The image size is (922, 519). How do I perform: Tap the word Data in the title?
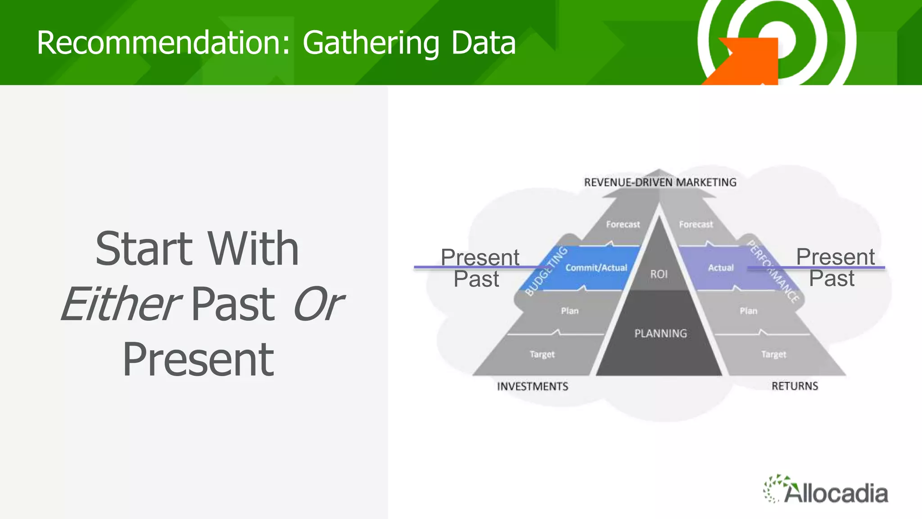(483, 43)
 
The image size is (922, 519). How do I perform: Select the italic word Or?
(318, 304)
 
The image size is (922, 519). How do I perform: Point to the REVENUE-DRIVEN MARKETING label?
(660, 182)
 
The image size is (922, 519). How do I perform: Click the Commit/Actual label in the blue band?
(596, 268)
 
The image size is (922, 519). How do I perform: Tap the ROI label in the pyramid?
(659, 274)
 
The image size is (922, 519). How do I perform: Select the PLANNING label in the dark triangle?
(660, 333)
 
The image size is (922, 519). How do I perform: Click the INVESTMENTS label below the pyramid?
(533, 386)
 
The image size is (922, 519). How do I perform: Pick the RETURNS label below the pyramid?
(795, 386)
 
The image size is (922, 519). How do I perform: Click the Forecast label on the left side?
(623, 224)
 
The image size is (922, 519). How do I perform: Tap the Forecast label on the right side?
(696, 224)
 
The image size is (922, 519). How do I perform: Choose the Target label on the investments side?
(542, 355)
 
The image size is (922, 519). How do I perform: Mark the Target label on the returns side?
(773, 355)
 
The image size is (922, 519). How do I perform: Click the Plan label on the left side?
(569, 311)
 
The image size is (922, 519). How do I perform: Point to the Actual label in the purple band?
(721, 268)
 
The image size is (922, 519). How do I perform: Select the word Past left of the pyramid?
(476, 279)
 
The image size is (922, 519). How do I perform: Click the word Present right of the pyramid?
(835, 257)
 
